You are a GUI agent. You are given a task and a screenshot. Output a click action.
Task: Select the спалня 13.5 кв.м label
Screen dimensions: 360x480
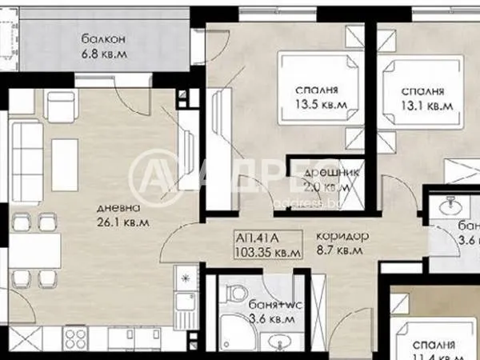(x=313, y=96)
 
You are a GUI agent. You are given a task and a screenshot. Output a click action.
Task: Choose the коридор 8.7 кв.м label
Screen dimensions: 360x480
(x=342, y=244)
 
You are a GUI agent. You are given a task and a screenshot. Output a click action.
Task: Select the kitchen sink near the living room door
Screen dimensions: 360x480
(x=186, y=305)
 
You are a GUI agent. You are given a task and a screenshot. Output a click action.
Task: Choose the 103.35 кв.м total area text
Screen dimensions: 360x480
(x=269, y=252)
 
